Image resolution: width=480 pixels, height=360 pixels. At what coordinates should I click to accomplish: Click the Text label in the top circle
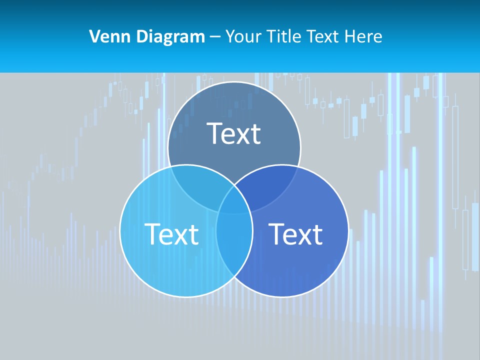pos(234,133)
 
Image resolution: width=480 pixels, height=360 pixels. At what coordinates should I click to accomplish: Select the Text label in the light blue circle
pos(171,233)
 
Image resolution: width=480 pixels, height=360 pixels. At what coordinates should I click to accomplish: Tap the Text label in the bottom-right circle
pos(295,233)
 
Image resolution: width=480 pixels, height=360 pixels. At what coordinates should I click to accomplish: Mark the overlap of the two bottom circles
pos(234,245)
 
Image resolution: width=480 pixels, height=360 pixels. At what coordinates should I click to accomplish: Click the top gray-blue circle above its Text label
pos(234,102)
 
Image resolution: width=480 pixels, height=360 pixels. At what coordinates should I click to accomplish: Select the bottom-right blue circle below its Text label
pos(295,270)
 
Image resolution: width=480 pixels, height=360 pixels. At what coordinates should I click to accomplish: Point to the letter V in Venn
pos(94,36)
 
